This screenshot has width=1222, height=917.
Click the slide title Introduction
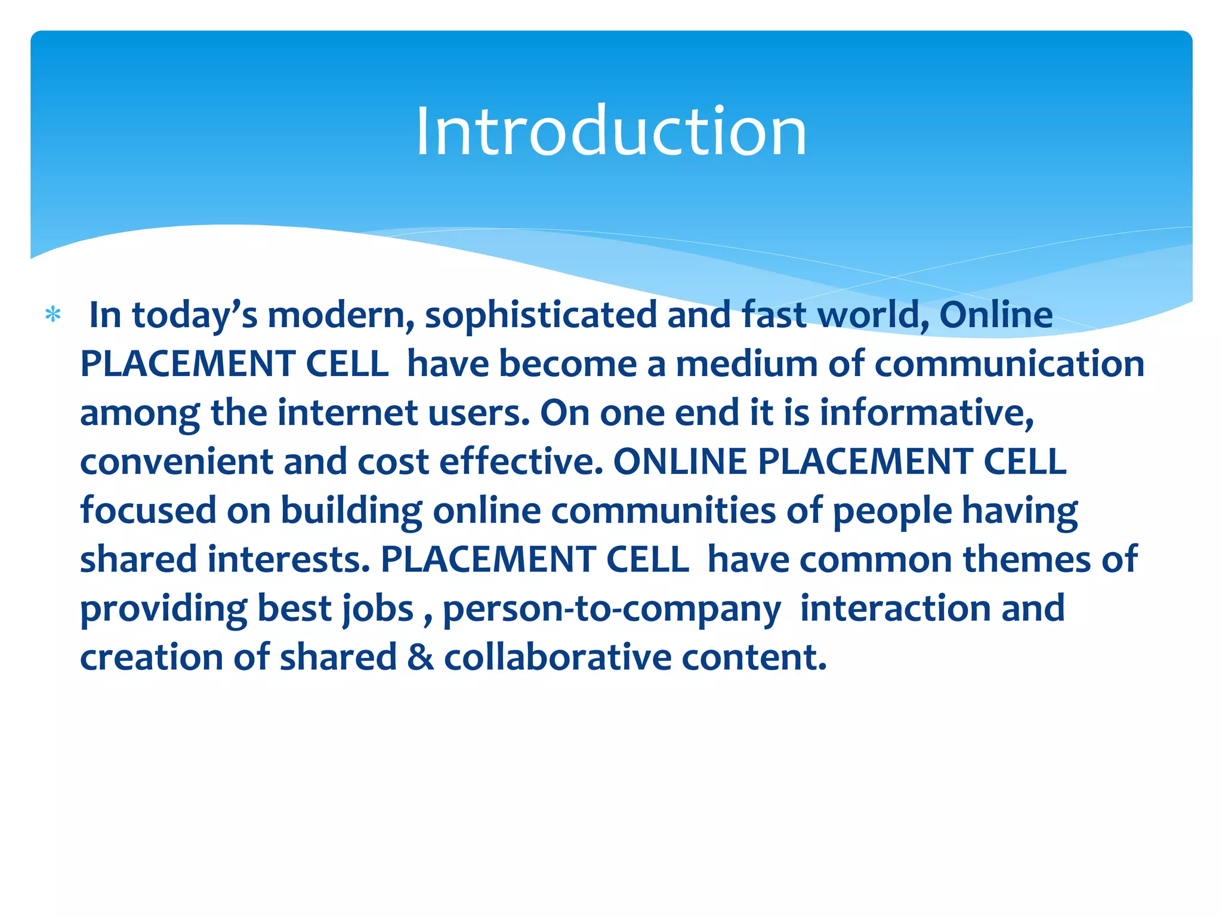[x=610, y=131]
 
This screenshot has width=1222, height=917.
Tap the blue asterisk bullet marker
[x=53, y=315]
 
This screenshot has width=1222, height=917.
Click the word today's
[x=195, y=315]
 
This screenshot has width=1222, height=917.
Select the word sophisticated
[x=541, y=315]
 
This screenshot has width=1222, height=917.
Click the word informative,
[x=927, y=413]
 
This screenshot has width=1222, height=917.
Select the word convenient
[x=177, y=462]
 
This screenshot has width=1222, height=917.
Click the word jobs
[x=378, y=609]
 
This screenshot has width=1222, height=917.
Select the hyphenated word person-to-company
[x=612, y=609]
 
